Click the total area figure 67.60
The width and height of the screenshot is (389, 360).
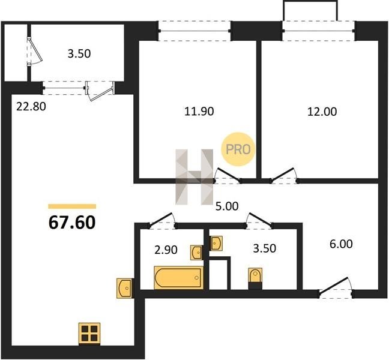tap(72, 223)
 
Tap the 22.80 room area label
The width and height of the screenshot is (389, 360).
tap(31, 107)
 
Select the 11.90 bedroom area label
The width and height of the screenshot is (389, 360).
tap(199, 112)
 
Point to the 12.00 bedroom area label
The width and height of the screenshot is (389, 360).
tap(322, 112)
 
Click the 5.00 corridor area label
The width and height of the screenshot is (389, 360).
tap(227, 206)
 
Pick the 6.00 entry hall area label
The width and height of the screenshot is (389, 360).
tap(341, 244)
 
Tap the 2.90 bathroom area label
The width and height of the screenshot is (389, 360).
tap(166, 250)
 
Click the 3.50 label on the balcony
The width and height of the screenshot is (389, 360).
tap(79, 54)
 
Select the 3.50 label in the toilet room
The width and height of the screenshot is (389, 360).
tap(265, 248)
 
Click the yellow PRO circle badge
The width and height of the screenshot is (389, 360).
tap(238, 149)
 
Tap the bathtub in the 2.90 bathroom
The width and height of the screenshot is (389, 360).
tap(179, 277)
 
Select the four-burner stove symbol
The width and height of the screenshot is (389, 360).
tap(89, 334)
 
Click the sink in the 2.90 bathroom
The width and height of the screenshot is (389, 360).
tap(197, 253)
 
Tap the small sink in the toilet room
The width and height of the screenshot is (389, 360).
tap(216, 243)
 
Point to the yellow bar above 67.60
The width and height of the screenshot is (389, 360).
tap(72, 206)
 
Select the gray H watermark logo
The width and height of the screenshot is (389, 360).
tap(194, 177)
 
